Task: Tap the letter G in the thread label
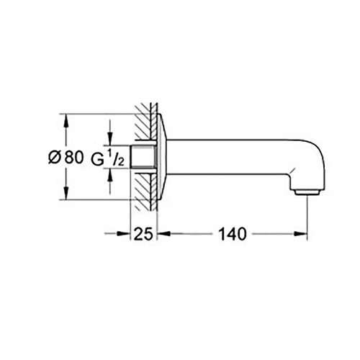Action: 96,158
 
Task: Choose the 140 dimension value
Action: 232,234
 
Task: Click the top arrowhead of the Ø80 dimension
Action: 66,119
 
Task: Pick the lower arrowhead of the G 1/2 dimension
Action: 110,172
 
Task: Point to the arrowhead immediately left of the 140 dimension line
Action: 163,233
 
